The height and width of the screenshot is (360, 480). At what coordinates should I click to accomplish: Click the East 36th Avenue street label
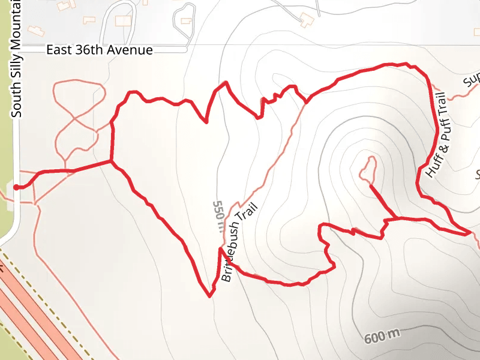(100, 50)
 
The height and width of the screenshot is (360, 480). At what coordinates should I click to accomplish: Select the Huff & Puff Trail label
(437, 136)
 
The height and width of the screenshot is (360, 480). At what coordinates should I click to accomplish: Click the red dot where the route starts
(16, 187)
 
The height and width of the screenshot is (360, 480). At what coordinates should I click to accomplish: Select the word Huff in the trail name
(432, 166)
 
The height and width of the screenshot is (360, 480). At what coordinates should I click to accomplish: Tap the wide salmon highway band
(36, 318)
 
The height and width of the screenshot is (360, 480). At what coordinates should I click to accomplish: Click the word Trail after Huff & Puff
(443, 106)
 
